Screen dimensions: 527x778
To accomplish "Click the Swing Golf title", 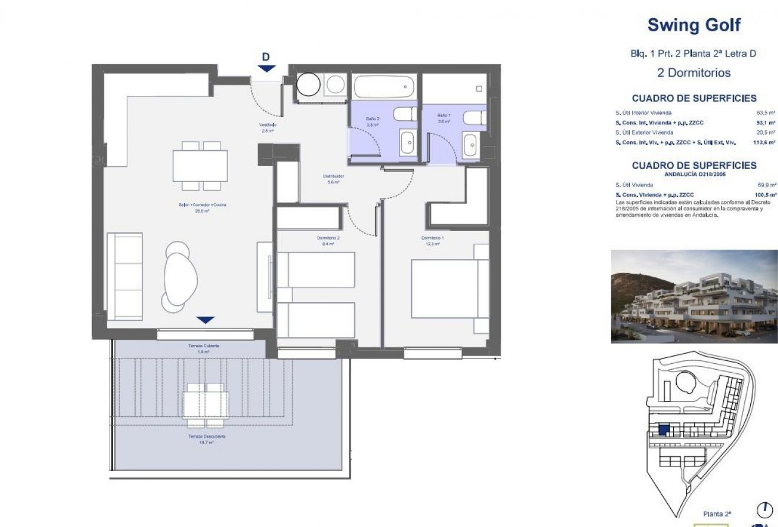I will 694,25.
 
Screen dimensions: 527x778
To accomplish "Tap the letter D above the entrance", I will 266,57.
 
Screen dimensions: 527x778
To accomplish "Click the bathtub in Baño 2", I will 384,87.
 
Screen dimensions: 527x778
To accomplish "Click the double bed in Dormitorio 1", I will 449,289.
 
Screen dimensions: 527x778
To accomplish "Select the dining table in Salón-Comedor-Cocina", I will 200,165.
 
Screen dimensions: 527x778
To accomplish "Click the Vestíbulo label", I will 267,127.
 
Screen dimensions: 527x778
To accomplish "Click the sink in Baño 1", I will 470,145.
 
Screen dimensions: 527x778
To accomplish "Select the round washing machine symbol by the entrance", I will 307,85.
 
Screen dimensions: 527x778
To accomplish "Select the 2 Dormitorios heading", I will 694,73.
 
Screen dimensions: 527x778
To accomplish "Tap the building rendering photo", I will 694,296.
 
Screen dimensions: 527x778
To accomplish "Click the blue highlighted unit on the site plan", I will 663,430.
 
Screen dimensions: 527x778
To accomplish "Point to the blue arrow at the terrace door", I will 205,320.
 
